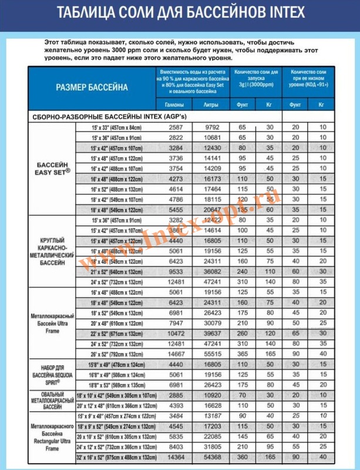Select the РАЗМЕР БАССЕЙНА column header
(91, 86)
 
